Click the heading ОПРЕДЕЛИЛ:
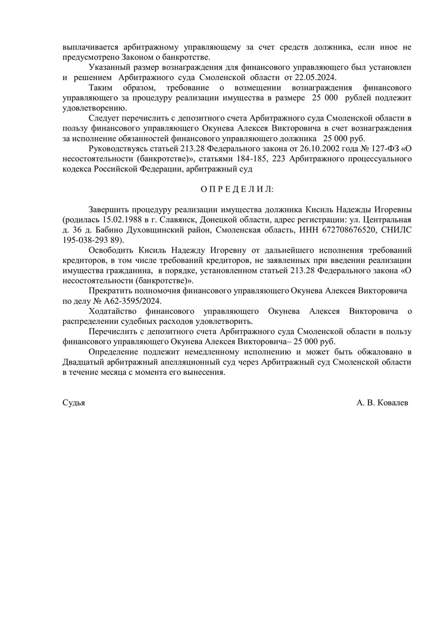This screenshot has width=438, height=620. point(237,189)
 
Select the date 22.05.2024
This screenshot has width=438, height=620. point(314,77)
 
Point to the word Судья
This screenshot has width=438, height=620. point(74,402)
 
